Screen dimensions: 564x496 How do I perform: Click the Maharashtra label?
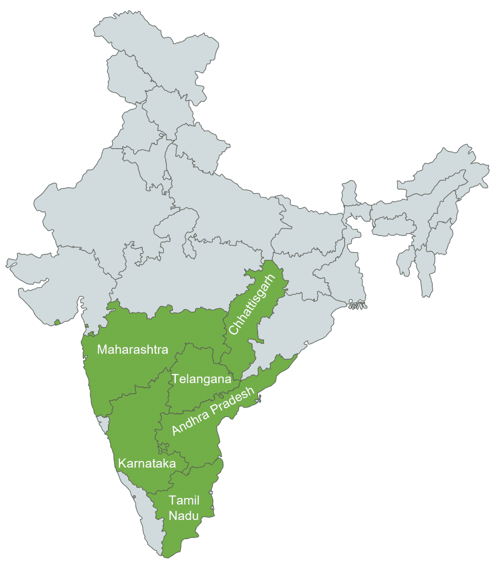133,349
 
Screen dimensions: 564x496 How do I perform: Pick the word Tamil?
184,500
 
